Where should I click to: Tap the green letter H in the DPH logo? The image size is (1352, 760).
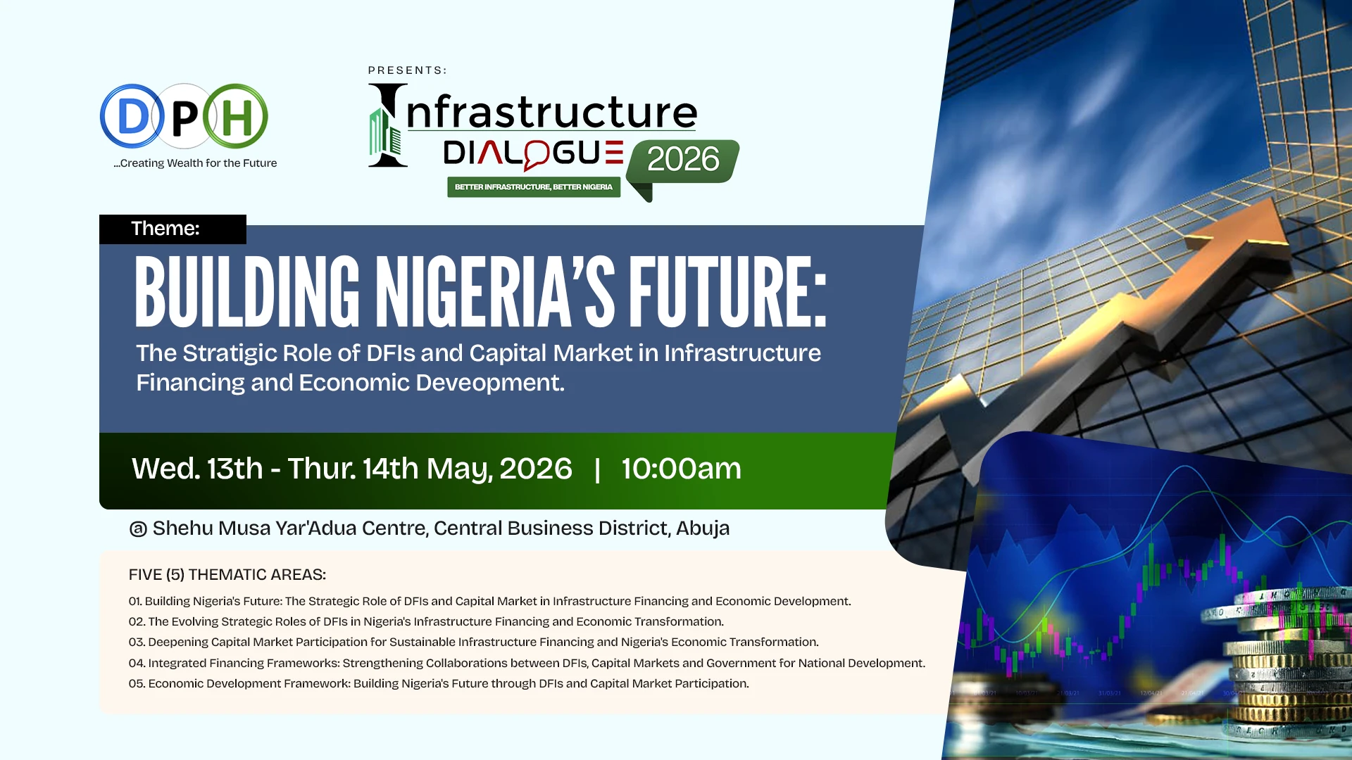236,117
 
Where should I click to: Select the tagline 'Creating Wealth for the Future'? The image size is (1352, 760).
196,163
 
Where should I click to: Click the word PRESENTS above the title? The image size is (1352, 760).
407,70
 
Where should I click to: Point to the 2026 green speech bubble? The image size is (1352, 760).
682,160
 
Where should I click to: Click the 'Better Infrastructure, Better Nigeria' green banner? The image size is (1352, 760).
533,187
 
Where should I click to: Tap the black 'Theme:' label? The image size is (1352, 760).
165,229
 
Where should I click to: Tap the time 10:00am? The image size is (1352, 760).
681,469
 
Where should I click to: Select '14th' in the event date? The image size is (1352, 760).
390,469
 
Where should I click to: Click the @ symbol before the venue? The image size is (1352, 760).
138,528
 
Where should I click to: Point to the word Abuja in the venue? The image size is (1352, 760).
702,528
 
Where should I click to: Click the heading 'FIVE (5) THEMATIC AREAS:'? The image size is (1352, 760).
227,575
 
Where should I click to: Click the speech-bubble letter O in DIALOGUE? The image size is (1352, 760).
537,154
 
